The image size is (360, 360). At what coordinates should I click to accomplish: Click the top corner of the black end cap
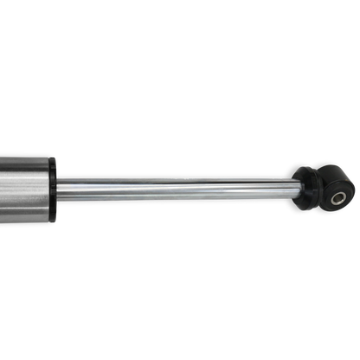[54, 156]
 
